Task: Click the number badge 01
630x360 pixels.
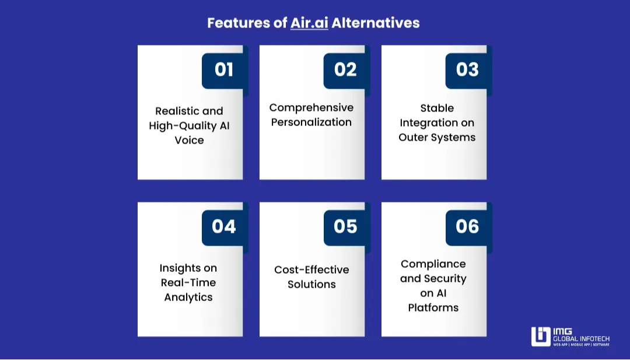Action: [224, 70]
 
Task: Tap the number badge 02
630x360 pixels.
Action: [345, 70]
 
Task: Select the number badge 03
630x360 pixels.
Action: [467, 70]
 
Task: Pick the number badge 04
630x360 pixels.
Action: [224, 226]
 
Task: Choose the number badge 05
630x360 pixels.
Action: [345, 226]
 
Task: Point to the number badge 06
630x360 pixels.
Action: [467, 226]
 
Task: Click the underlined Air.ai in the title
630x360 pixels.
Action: [309, 23]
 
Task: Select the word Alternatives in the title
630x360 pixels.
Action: [376, 23]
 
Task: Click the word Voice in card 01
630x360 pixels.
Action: [189, 140]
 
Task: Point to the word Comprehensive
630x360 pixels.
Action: [311, 108]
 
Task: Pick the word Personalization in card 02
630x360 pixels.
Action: [311, 123]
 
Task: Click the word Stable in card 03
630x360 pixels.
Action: [437, 108]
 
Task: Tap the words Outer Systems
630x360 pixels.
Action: [437, 138]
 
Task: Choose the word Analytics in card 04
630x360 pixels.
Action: [188, 298]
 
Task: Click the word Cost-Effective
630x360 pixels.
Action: [311, 270]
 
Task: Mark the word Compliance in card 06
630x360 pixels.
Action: [433, 264]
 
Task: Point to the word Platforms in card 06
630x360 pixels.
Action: [433, 307]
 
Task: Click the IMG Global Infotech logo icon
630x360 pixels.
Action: [541, 337]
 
